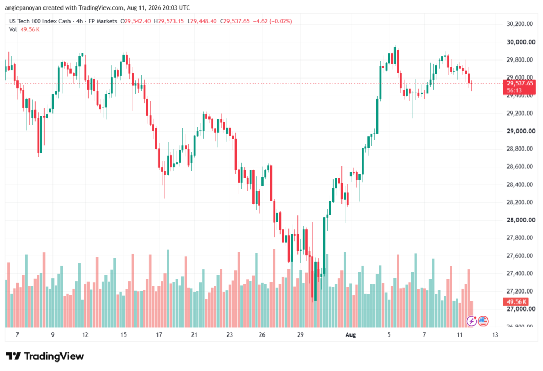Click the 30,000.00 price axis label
pyautogui.click(x=521, y=42)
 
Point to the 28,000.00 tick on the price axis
pyautogui.click(x=521, y=220)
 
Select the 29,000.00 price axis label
pyautogui.click(x=521, y=131)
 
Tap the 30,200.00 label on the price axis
pyautogui.click(x=520, y=24)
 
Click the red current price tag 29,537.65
pyautogui.click(x=519, y=87)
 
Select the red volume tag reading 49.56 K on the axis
pyautogui.click(x=515, y=301)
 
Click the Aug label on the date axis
pyautogui.click(x=351, y=334)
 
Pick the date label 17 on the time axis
pyautogui.click(x=159, y=334)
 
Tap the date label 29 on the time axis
pyautogui.click(x=300, y=334)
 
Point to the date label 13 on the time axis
pyautogui.click(x=495, y=334)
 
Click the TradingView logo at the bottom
pyautogui.click(x=45, y=356)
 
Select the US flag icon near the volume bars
pyautogui.click(x=483, y=322)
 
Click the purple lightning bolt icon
pyautogui.click(x=471, y=322)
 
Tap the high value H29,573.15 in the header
pyautogui.click(x=169, y=21)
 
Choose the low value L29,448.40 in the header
pyautogui.click(x=202, y=21)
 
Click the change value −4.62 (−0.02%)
pyautogui.click(x=273, y=21)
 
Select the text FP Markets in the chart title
pyautogui.click(x=103, y=21)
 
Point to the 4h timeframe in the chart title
pyautogui.click(x=80, y=21)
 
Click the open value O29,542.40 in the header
pyautogui.click(x=135, y=21)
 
